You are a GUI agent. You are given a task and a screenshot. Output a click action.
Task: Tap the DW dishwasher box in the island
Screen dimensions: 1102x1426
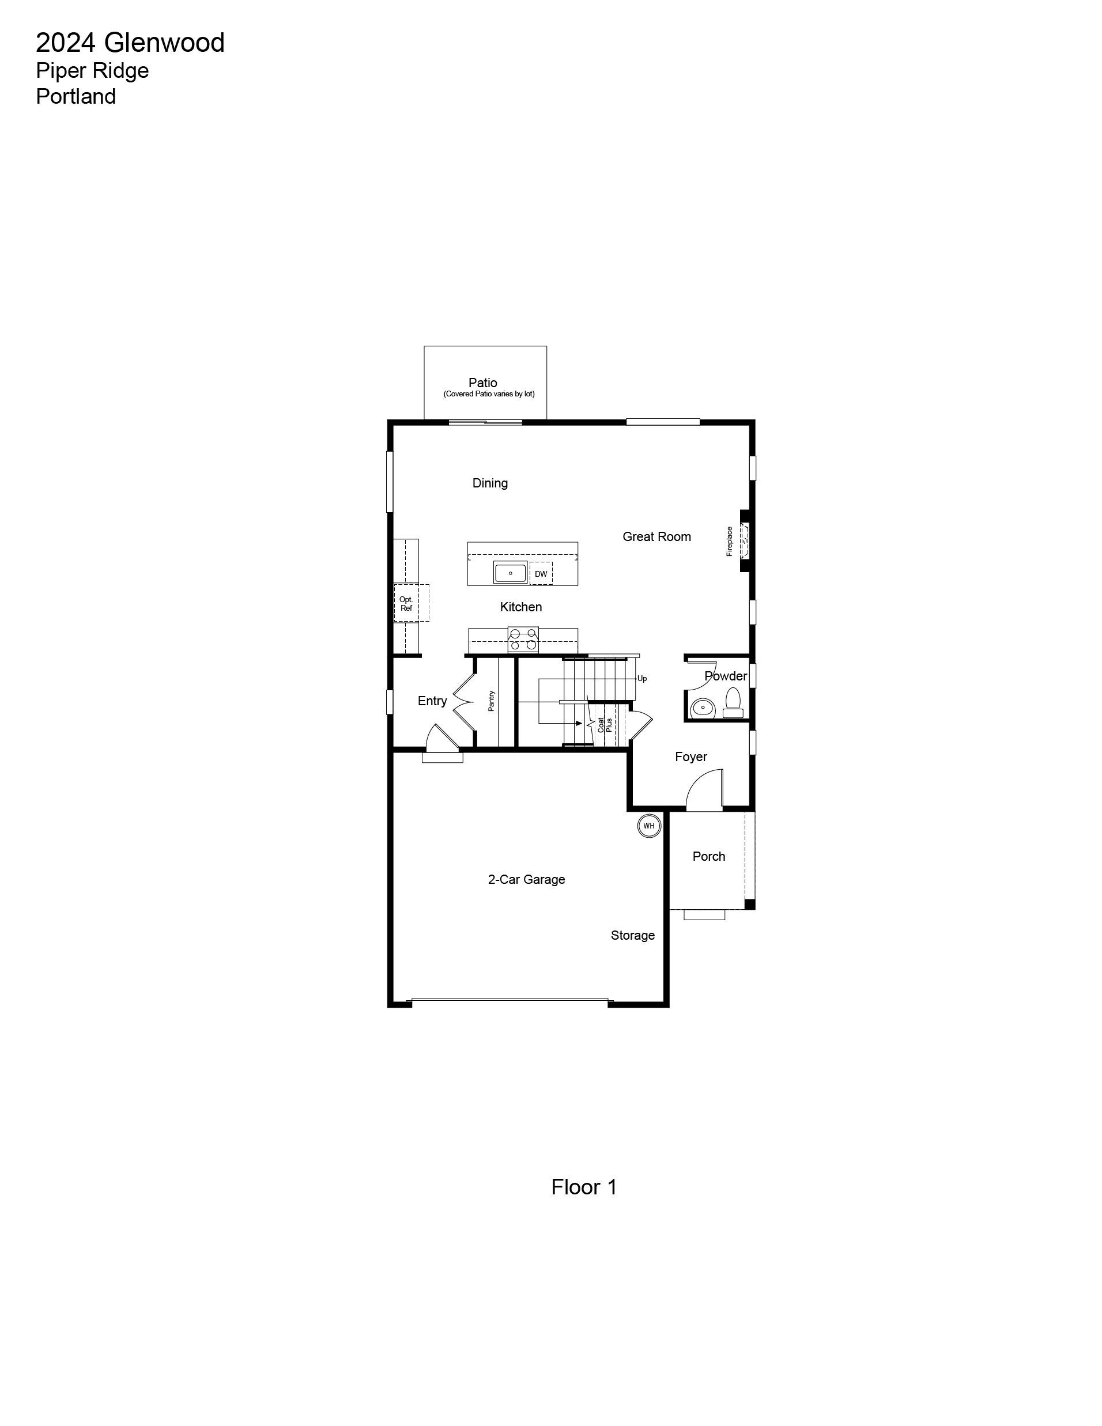(541, 573)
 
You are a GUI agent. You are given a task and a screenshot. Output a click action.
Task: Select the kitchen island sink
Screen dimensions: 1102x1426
(510, 573)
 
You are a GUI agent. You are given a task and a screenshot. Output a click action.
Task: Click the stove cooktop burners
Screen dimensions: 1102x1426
(523, 639)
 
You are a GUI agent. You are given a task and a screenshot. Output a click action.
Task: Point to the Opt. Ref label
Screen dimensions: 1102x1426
(406, 603)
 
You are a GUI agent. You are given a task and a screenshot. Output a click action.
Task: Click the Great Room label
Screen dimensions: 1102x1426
(656, 537)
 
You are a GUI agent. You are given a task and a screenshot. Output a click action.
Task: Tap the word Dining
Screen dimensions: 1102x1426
(490, 483)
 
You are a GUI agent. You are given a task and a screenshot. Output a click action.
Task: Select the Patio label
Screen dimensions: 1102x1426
(483, 383)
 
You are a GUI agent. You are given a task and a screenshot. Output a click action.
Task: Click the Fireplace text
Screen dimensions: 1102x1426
(730, 541)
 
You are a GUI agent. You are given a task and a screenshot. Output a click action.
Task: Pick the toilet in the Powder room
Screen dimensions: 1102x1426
(733, 702)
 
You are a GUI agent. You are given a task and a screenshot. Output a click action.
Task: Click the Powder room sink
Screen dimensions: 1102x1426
(703, 707)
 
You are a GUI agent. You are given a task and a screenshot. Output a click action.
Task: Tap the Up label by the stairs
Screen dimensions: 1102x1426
(642, 678)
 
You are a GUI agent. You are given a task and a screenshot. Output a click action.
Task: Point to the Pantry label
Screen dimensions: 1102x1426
(491, 701)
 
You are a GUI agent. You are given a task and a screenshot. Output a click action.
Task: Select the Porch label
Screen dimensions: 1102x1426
(709, 856)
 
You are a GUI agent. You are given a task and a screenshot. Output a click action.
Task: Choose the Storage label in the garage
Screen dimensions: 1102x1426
(632, 936)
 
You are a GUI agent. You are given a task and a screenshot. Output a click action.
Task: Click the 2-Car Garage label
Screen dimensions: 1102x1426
(526, 879)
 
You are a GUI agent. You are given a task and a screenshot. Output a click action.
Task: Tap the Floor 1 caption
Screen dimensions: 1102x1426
(584, 1187)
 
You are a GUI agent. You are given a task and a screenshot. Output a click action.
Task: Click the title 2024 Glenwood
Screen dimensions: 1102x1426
(130, 43)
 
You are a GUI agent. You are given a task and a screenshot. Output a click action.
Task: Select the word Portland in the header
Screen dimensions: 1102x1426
(76, 96)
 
